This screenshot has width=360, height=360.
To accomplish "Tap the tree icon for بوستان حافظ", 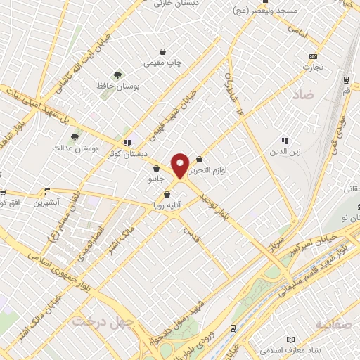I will coord(116,74).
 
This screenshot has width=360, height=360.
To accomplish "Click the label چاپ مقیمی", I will coord(163,63).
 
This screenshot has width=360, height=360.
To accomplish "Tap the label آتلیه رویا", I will coord(168,206).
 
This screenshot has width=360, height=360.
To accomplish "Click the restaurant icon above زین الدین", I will coord(284,140).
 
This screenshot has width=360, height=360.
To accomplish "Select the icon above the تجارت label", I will coord(313,56).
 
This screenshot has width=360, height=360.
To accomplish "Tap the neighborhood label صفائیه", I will coord(333,324).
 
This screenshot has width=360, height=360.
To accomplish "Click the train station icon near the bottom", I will coord(233,328).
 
